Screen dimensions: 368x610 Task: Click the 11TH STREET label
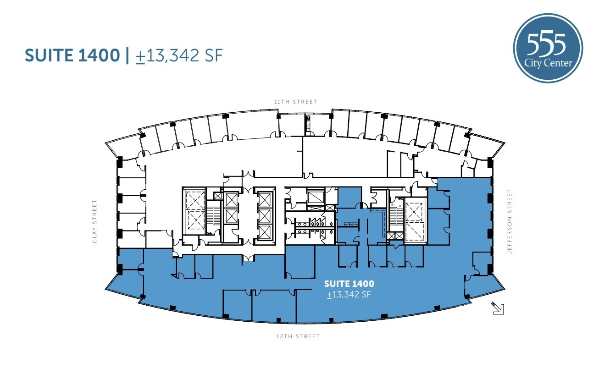[x=295, y=102]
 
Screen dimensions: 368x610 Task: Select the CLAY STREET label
[x=95, y=221]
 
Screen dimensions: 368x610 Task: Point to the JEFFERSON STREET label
[x=509, y=222]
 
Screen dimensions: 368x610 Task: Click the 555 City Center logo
[x=548, y=48]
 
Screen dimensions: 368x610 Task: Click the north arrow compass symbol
[x=498, y=308]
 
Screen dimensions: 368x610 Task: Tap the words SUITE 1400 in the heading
[x=72, y=55]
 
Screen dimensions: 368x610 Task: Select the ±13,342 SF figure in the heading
[x=179, y=55]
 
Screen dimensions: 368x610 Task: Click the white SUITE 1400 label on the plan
[x=349, y=284]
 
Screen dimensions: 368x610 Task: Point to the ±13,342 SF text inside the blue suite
[x=349, y=295]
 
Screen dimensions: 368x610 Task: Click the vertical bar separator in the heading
[x=127, y=55]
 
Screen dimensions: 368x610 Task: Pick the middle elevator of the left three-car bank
[x=231, y=215]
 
